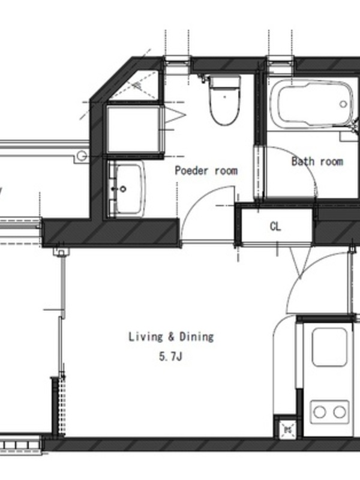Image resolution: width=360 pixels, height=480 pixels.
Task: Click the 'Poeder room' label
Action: click(206, 170)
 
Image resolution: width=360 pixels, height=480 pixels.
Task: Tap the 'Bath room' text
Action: click(317, 161)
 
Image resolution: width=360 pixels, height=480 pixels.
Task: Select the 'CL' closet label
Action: click(275, 227)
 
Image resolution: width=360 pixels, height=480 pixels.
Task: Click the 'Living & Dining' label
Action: click(171, 337)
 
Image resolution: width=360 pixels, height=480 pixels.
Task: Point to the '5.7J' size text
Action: click(170, 356)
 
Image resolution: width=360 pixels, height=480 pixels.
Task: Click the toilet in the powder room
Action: click(224, 100)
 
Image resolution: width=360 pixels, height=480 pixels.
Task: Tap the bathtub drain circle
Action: click(343, 104)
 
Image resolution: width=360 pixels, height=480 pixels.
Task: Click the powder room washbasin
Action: click(126, 188)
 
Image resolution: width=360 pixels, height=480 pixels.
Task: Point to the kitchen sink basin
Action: click(329, 347)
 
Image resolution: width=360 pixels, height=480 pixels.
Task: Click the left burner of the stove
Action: click(320, 412)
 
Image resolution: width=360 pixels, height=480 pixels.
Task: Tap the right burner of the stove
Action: click(340, 412)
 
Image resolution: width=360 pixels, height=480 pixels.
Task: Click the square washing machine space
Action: click(133, 129)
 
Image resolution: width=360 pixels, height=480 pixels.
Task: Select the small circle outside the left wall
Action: click(81, 156)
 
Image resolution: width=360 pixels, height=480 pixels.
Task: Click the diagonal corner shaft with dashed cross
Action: click(134, 85)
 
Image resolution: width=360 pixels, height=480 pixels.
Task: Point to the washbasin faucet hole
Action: click(123, 189)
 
